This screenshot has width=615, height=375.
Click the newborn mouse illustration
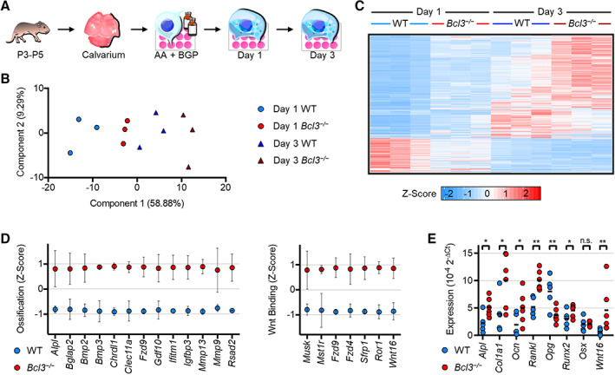[x=29, y=32]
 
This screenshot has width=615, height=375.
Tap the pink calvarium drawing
[x=101, y=30]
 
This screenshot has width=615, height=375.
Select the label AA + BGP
[x=176, y=55]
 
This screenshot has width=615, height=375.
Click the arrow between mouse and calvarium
[x=66, y=29]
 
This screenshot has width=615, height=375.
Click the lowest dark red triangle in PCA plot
[x=188, y=167]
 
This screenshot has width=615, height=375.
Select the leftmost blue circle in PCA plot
[x=70, y=153]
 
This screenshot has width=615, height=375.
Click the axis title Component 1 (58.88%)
[x=137, y=203]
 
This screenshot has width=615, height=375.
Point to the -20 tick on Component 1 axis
[x=49, y=187]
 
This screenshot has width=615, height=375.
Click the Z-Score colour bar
[x=491, y=194]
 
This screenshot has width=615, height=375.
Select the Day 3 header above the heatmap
[x=550, y=12]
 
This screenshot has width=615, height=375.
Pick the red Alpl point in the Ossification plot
[x=56, y=269]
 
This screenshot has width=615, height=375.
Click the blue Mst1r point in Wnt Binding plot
[x=322, y=310]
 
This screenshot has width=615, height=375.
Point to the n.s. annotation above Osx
[x=586, y=240]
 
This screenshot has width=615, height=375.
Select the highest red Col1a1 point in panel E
[x=505, y=254]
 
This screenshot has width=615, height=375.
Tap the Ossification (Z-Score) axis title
[x=21, y=288]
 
